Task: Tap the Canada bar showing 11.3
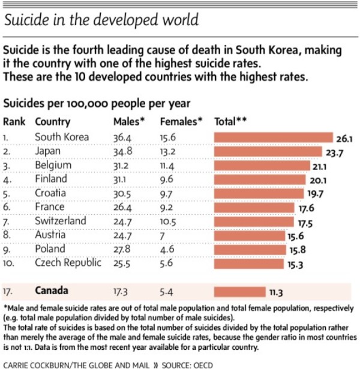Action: coord(240,291)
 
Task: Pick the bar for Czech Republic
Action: coord(250,262)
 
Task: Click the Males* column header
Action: coord(129,121)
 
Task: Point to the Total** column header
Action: coord(231,121)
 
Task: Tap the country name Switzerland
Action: coord(60,220)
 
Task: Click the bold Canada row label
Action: coord(52,291)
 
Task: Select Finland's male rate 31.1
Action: coord(122,179)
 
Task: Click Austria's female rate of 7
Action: coord(163,235)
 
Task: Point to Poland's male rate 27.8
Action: coord(122,248)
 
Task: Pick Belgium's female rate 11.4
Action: coord(170,165)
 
